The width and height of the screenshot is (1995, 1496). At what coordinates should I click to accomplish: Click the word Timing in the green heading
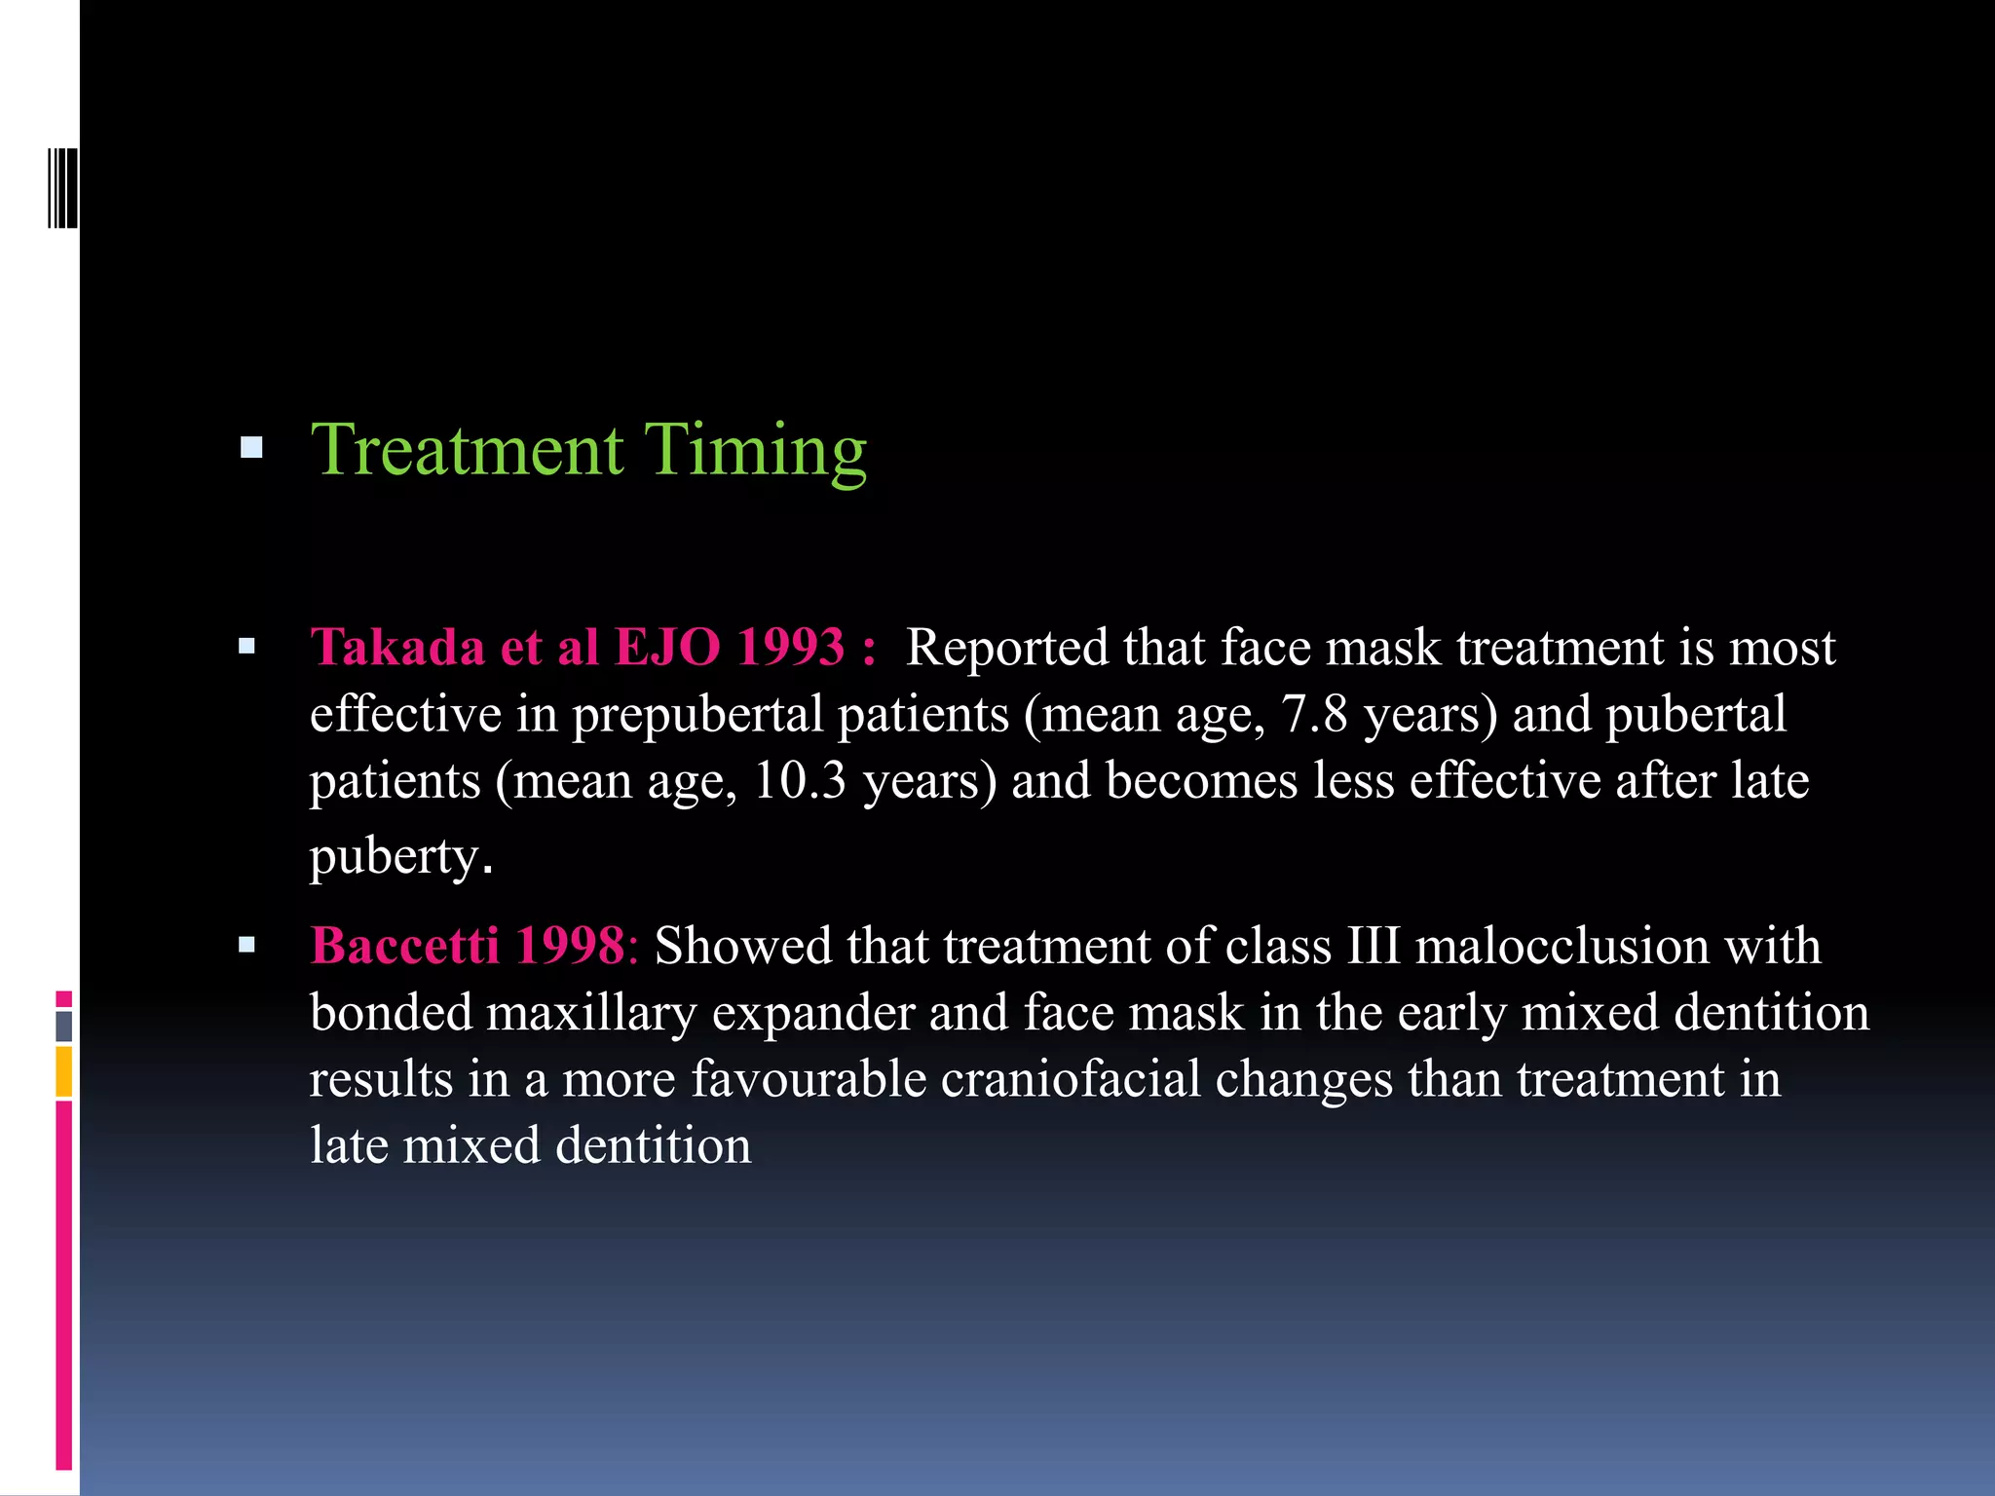755,450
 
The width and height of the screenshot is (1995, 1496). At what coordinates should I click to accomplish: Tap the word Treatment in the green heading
467,450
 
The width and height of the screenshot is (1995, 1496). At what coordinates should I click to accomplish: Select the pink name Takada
397,647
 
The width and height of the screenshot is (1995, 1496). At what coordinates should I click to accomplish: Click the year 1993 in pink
790,647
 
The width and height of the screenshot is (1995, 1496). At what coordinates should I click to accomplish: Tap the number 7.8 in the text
1314,714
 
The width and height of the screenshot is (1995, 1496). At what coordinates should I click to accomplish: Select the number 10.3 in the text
800,780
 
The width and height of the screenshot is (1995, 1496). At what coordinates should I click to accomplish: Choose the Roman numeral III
1374,945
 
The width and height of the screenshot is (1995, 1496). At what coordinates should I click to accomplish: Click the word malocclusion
1562,945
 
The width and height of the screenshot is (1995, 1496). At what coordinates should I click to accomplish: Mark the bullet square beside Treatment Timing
251,448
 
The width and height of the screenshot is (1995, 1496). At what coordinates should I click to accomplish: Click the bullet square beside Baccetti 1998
246,944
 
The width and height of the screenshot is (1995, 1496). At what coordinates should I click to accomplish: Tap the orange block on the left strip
63,1071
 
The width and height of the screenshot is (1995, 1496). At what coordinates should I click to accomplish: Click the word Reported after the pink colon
1007,647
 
